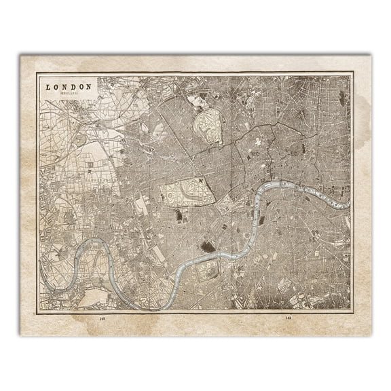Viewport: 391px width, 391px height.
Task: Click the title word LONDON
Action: point(68,87)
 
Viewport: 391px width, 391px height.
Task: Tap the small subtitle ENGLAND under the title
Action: point(68,94)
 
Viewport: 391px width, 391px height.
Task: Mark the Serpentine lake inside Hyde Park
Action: point(183,191)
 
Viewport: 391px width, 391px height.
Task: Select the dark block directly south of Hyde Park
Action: point(179,216)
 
